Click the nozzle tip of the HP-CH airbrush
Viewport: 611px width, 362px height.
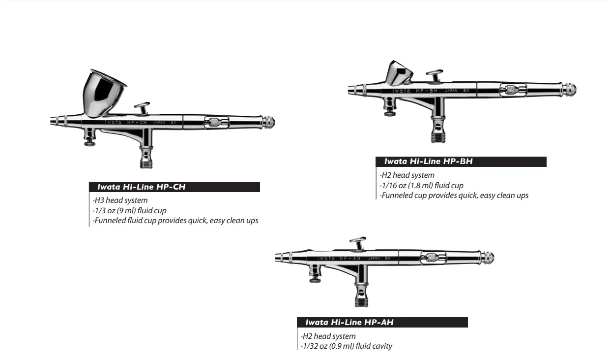53,121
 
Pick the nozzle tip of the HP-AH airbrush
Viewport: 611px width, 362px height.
277,258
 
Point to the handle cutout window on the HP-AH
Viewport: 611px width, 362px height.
433,257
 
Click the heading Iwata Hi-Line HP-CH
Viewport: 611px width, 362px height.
142,187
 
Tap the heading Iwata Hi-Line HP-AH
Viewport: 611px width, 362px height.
349,323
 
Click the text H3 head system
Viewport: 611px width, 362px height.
120,200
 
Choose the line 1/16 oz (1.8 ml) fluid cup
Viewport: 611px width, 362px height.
421,185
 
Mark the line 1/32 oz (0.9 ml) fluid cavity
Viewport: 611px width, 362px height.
347,346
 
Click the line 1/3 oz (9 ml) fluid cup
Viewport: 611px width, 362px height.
130,210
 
